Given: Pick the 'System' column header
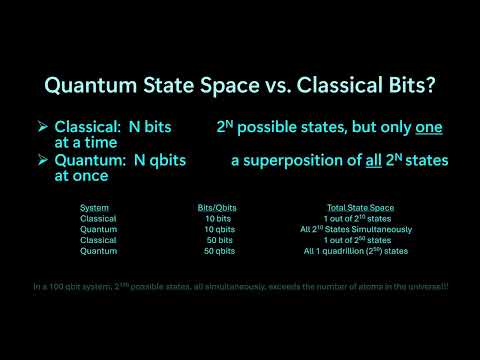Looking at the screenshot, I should click(95, 207).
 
